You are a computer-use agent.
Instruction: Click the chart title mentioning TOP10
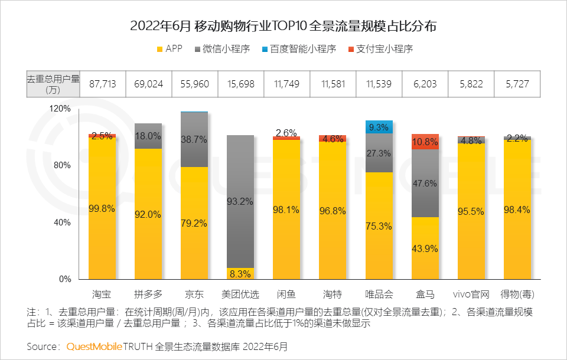coord(283,26)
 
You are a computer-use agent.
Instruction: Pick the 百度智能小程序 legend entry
coord(298,49)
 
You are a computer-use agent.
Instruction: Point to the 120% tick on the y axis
coord(61,109)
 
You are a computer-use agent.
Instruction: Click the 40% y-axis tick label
coord(63,222)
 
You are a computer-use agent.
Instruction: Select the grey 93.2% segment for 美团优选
coord(240,201)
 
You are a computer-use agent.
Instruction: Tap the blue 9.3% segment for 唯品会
coord(379,127)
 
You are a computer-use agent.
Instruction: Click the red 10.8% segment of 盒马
coord(425,142)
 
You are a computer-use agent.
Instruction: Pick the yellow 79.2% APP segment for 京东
coord(194,223)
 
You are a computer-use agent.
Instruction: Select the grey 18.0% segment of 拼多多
coord(148,136)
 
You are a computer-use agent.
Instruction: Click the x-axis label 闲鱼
coord(286,294)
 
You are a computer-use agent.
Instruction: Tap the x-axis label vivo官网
coord(471,294)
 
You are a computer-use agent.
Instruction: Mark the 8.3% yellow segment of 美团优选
coord(240,273)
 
